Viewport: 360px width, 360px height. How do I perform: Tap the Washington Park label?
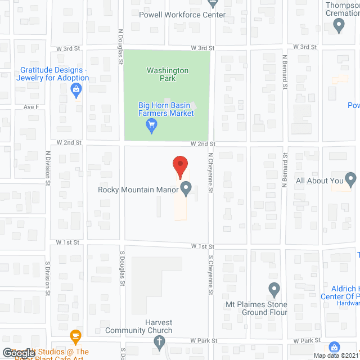pyautogui.click(x=168, y=74)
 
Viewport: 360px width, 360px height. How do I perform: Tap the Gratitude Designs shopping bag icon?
pyautogui.click(x=76, y=88)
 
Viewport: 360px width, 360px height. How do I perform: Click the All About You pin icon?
pyautogui.click(x=351, y=181)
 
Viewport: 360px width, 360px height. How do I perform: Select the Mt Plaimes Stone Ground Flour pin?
pyautogui.click(x=274, y=290)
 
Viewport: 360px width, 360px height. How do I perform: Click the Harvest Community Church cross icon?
pyautogui.click(x=159, y=341)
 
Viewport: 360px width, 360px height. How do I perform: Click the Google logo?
pyautogui.click(x=19, y=353)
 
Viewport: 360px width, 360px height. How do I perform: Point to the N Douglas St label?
pyautogui.click(x=120, y=47)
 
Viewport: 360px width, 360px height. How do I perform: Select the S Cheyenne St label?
pyautogui.click(x=210, y=276)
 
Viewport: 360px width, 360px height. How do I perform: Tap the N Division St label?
pyautogui.click(x=48, y=168)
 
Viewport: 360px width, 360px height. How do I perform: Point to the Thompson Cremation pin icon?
pyautogui.click(x=339, y=24)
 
